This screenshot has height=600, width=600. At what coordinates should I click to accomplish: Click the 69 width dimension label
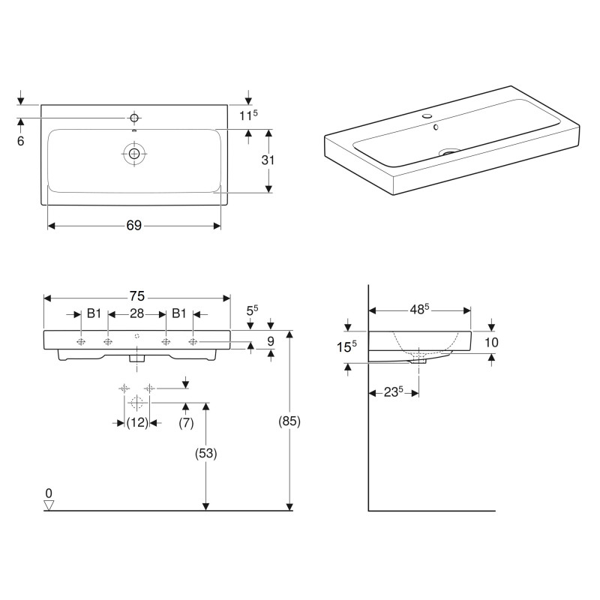tap(134, 226)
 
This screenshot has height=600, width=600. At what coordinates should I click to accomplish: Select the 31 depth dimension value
tap(268, 160)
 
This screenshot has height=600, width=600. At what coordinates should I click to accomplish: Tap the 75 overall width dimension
tap(137, 296)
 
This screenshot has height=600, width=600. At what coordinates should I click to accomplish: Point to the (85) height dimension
tap(289, 421)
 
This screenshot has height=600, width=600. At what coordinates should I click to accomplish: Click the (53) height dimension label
tap(205, 452)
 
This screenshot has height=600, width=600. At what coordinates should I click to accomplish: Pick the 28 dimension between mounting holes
tap(137, 314)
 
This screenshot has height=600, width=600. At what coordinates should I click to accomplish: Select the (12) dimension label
tap(136, 423)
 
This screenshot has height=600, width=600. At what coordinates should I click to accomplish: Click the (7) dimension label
tap(186, 423)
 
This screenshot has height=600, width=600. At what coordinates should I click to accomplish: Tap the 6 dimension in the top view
tap(21, 140)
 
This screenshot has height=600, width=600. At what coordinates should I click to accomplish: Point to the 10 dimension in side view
tap(492, 343)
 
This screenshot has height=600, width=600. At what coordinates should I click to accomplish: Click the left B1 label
tap(94, 314)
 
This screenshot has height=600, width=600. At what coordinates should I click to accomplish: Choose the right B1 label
tap(179, 314)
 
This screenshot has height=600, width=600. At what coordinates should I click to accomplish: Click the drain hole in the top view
tap(134, 154)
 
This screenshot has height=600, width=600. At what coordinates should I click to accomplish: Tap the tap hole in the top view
tap(134, 118)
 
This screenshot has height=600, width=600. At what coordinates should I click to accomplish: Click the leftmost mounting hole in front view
tap(80, 342)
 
